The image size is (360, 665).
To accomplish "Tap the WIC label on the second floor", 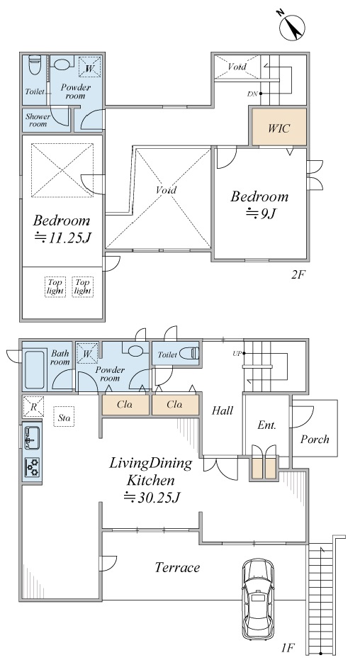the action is point(279,128).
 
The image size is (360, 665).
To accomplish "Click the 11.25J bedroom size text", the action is point(63,237).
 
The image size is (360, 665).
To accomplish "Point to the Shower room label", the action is point(38,120).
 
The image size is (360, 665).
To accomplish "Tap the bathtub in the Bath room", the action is point(35,369).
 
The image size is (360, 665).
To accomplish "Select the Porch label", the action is point(315,440).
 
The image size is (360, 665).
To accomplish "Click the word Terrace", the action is point(177,567).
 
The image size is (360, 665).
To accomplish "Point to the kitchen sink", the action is point(32,437).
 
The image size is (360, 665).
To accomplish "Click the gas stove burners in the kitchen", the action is point(32,467).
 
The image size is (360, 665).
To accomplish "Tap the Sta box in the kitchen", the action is point(64,417).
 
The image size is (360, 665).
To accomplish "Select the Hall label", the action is point(223,410).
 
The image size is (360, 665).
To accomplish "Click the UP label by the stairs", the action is point(236,353).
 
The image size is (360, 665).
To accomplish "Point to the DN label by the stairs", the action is point(252,94).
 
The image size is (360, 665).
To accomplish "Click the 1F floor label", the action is point(287,647).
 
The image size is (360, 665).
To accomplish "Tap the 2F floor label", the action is point(298,274).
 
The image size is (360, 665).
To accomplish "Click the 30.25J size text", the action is point(152,497).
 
